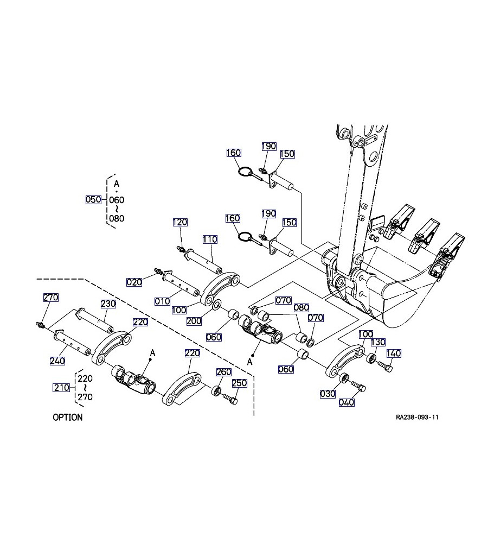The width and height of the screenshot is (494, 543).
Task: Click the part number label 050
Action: pyautogui.click(x=93, y=199)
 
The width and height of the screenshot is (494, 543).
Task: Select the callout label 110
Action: pyautogui.click(x=210, y=239)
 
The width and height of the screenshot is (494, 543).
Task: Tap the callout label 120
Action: pyautogui.click(x=180, y=222)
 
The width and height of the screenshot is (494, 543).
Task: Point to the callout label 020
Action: pyautogui.click(x=134, y=282)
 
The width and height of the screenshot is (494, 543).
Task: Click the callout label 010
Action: pyautogui.click(x=162, y=301)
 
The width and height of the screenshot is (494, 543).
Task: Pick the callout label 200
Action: pyautogui.click(x=194, y=321)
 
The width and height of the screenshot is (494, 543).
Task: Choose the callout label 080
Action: pyautogui.click(x=301, y=307)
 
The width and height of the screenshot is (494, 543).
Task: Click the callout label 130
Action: pyautogui.click(x=378, y=342)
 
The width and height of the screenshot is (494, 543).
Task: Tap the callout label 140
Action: pyautogui.click(x=394, y=353)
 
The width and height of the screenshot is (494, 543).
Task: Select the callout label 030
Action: pyautogui.click(x=328, y=394)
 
